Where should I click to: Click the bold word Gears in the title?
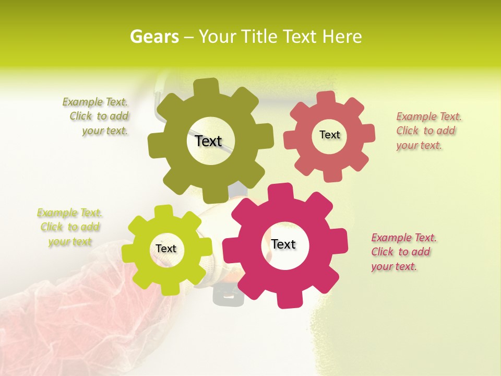[x=154, y=37]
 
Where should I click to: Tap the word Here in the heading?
[x=342, y=37]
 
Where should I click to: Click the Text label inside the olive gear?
[x=208, y=141]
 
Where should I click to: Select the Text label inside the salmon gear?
[x=329, y=135]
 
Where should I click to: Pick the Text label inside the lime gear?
[x=166, y=249]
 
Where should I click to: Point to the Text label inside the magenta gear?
[x=283, y=244]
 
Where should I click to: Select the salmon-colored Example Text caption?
[x=428, y=131]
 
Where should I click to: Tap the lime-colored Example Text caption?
[x=69, y=227]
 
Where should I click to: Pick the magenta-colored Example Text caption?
[x=403, y=252]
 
